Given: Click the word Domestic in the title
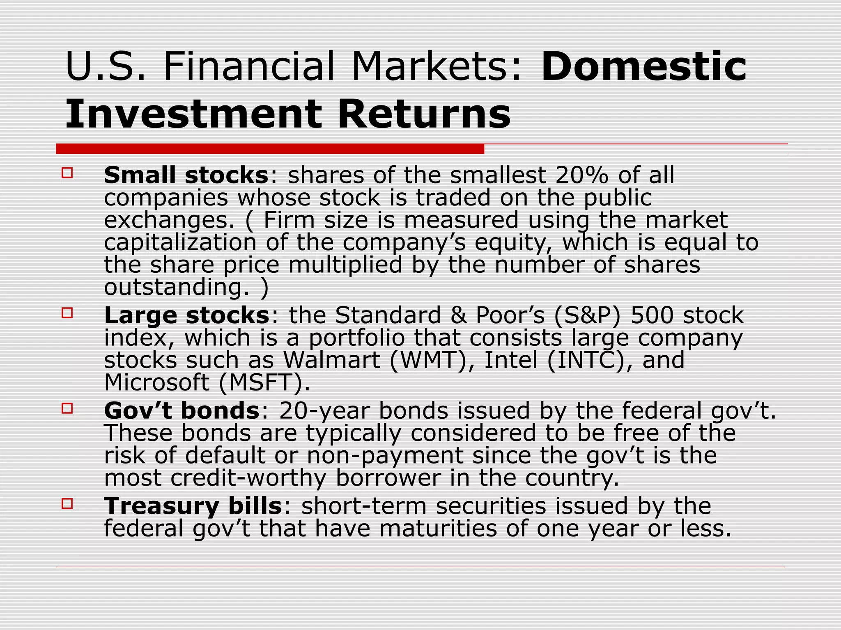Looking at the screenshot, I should (643, 66).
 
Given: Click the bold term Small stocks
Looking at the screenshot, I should (186, 176).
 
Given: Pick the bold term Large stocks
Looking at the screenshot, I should (187, 315).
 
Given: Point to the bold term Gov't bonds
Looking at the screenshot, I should (182, 411).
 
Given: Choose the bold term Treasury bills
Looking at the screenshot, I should (193, 506).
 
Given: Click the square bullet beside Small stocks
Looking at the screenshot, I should (67, 172).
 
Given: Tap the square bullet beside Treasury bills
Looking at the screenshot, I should (67, 503).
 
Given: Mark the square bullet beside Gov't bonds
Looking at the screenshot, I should (67, 408).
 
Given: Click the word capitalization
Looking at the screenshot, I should (180, 242).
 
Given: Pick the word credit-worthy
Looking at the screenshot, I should (248, 478).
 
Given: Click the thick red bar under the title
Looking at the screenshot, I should (270, 149).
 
